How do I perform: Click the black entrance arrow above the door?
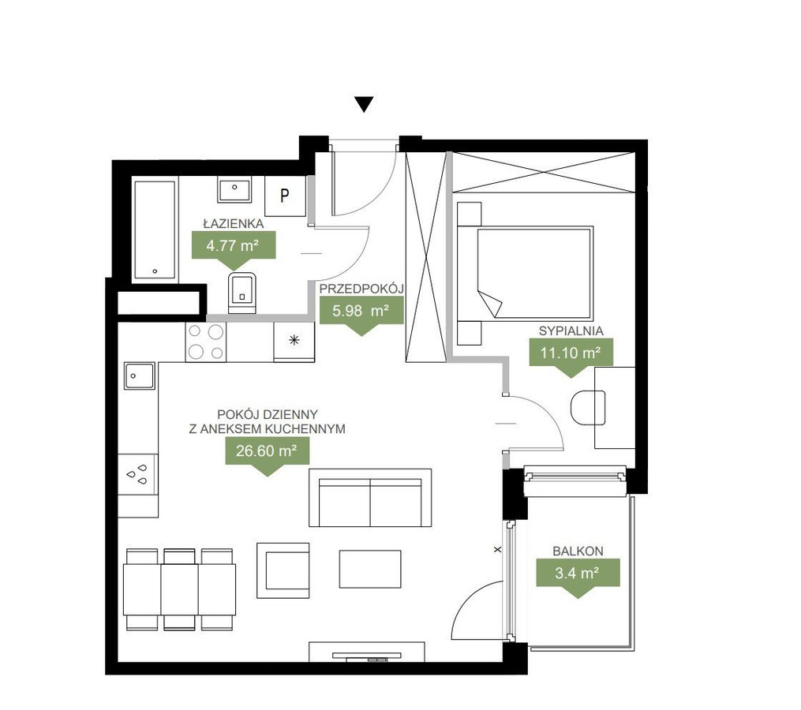(364, 104)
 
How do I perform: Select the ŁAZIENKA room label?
(234, 224)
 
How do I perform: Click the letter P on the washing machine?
(285, 195)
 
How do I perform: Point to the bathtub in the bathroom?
(155, 230)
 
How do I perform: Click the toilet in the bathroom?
(242, 293)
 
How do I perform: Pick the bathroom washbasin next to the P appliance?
(234, 189)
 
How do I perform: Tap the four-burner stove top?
(205, 342)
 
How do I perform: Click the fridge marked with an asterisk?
(294, 342)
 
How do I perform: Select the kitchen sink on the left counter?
(140, 376)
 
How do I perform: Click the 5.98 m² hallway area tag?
(361, 315)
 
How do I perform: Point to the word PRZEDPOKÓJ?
(361, 289)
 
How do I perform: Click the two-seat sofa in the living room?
(370, 498)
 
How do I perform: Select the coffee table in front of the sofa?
(370, 569)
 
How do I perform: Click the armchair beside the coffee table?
(283, 570)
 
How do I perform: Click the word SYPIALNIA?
(571, 331)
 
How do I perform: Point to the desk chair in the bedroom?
(588, 407)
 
